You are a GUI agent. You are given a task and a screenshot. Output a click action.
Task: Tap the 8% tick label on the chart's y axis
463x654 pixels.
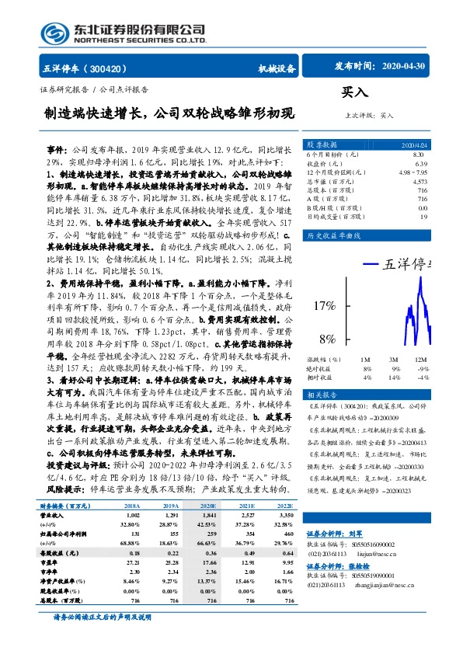[x=327, y=339]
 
